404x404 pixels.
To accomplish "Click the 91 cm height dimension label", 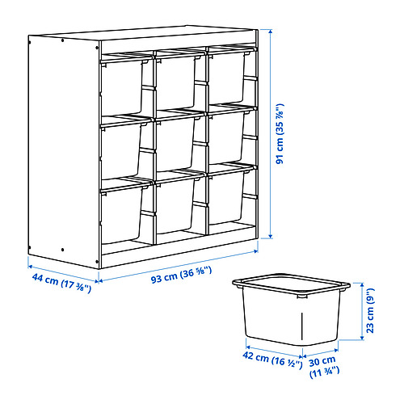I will click(280, 133).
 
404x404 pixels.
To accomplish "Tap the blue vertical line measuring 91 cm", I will click(269, 133).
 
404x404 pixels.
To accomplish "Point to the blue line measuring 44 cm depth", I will click(63, 273).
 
